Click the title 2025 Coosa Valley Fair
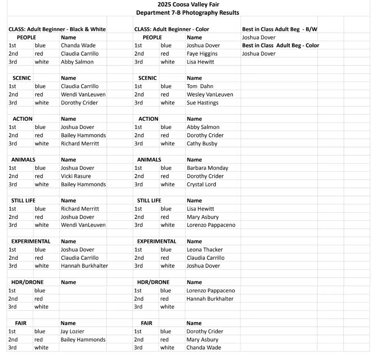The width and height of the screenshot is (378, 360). (x=188, y=5)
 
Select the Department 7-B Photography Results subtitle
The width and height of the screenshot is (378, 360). (x=187, y=12)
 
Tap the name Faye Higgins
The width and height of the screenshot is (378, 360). (x=202, y=54)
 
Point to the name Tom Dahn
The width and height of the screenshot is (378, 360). (x=200, y=86)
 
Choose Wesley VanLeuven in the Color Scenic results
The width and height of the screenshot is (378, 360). (x=210, y=95)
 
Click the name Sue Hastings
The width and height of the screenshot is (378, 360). (x=202, y=102)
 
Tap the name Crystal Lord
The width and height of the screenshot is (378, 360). (x=201, y=184)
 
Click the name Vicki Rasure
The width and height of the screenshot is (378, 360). (x=76, y=176)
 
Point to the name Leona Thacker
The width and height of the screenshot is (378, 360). (x=204, y=250)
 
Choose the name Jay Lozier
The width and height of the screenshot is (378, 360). (x=72, y=331)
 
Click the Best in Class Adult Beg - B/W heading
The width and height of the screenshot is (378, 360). (x=279, y=29)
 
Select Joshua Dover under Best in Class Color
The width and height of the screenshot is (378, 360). (x=259, y=54)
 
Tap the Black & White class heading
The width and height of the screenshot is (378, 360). (x=57, y=29)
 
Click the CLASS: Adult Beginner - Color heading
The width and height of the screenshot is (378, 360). (x=172, y=29)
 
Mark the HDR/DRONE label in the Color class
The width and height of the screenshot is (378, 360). (x=153, y=282)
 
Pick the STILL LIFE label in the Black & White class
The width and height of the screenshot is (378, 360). (x=23, y=200)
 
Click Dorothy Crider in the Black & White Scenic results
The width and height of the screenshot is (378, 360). (x=79, y=102)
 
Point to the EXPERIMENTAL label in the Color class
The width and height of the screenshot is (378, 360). (x=156, y=241)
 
